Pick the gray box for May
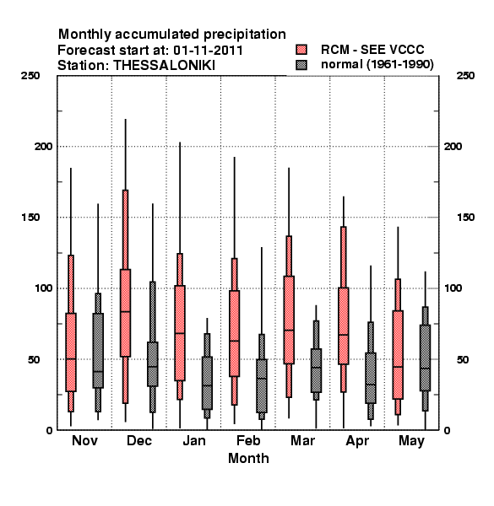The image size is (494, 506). click(426, 358)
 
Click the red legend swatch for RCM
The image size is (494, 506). click(301, 50)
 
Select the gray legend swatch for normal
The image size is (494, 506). click(301, 65)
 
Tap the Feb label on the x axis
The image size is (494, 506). click(248, 440)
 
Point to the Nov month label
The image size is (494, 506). click(84, 440)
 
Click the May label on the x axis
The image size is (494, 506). click(411, 441)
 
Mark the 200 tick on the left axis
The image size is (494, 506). click(43, 147)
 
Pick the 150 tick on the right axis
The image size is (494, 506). click(465, 218)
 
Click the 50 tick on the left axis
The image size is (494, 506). click(34, 359)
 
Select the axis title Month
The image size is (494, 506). click(248, 458)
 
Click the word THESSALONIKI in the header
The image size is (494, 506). click(164, 66)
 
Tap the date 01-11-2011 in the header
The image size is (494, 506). click(208, 50)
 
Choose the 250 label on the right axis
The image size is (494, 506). click(465, 76)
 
